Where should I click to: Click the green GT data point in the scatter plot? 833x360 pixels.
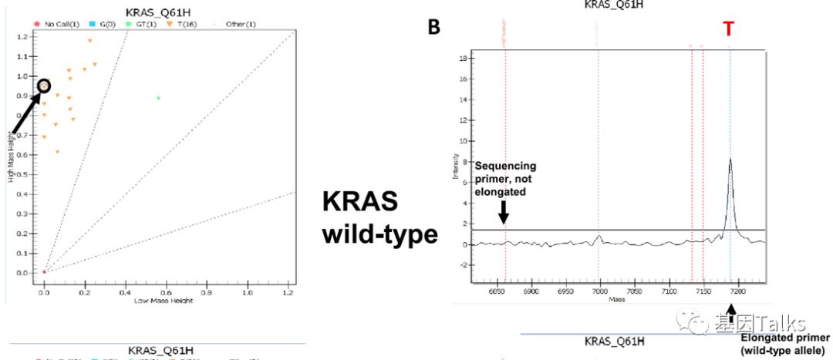pos(158,98)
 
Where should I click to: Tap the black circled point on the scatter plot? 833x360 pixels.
pos(44,86)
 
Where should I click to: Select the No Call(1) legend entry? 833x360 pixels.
pos(58,24)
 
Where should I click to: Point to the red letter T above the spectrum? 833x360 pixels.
pos(729,30)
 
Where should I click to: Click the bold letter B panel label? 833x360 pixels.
pos(434,29)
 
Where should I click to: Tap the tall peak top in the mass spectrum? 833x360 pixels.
pos(730,159)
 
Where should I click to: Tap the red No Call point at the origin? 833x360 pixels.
pos(44,272)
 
